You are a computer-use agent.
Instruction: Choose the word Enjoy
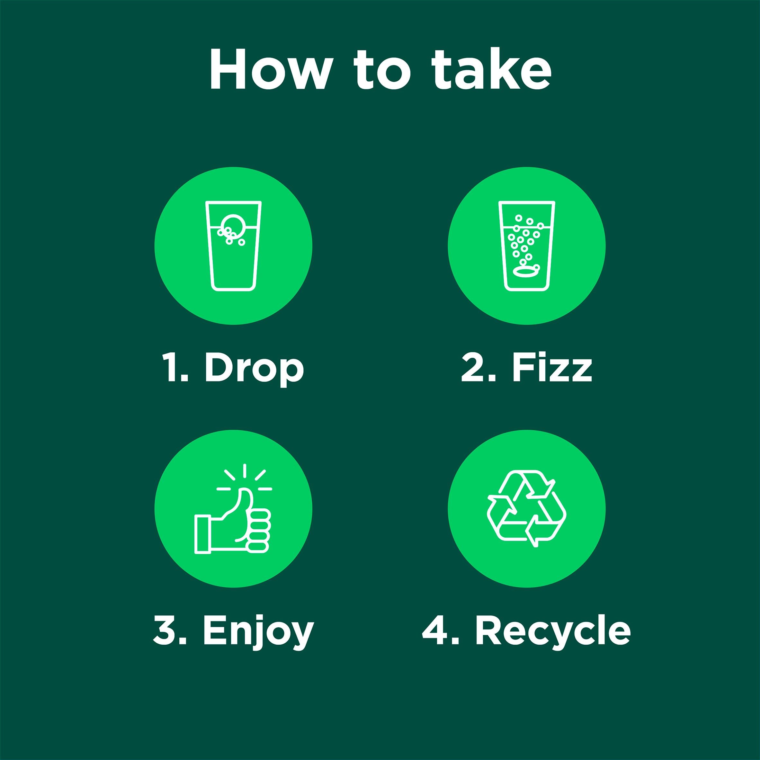[258, 633]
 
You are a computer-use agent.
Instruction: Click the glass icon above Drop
[233, 246]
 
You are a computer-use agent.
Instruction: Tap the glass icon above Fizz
[527, 246]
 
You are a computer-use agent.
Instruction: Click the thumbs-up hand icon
[233, 509]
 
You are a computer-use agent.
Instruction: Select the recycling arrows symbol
[527, 508]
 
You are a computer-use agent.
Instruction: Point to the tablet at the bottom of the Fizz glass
[525, 271]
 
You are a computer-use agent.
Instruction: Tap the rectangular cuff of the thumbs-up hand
[203, 535]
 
